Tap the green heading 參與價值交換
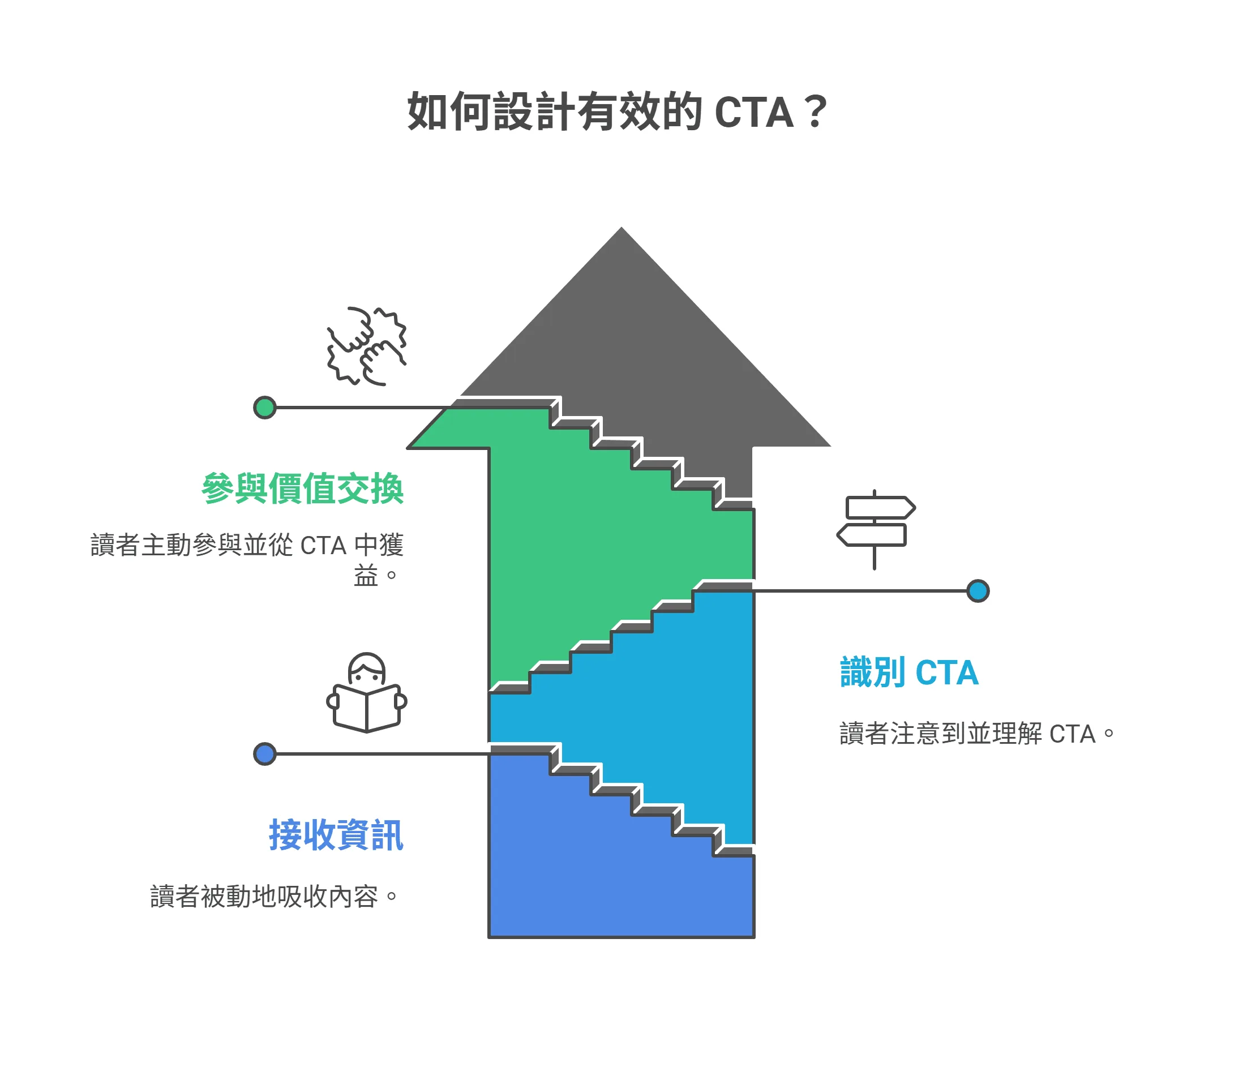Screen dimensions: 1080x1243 [x=302, y=488]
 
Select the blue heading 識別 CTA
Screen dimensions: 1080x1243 [x=909, y=673]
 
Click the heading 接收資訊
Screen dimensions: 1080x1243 [x=336, y=836]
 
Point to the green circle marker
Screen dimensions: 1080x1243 [x=264, y=408]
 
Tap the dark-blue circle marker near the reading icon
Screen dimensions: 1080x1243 [x=264, y=755]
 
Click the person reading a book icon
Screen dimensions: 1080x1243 [x=366, y=693]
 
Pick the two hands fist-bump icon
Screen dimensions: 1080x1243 [x=366, y=346]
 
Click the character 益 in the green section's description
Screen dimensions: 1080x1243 [x=366, y=576]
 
